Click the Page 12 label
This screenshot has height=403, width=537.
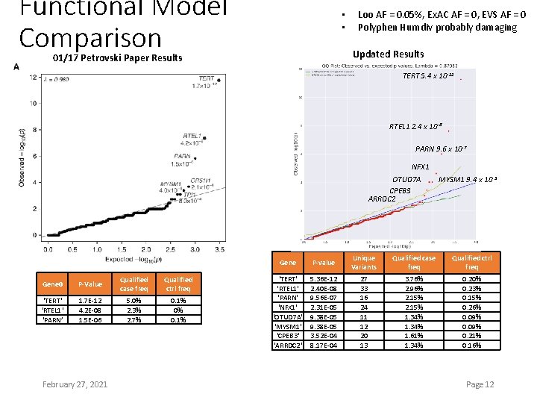tap(480, 384)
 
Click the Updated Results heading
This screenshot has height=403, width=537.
tap(388, 54)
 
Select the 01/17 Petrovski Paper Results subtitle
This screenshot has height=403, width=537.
tap(117, 58)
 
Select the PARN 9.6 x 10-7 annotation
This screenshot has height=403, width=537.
tap(441, 149)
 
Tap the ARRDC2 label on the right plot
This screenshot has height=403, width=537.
tap(382, 199)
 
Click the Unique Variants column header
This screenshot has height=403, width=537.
tap(364, 262)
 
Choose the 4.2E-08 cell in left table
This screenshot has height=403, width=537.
tap(90, 310)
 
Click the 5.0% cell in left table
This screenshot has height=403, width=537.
tap(134, 301)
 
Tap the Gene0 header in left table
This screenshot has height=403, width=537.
tap(53, 284)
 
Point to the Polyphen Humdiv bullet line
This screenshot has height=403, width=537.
tap(437, 27)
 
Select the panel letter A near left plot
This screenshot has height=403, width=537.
tap(16, 66)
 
